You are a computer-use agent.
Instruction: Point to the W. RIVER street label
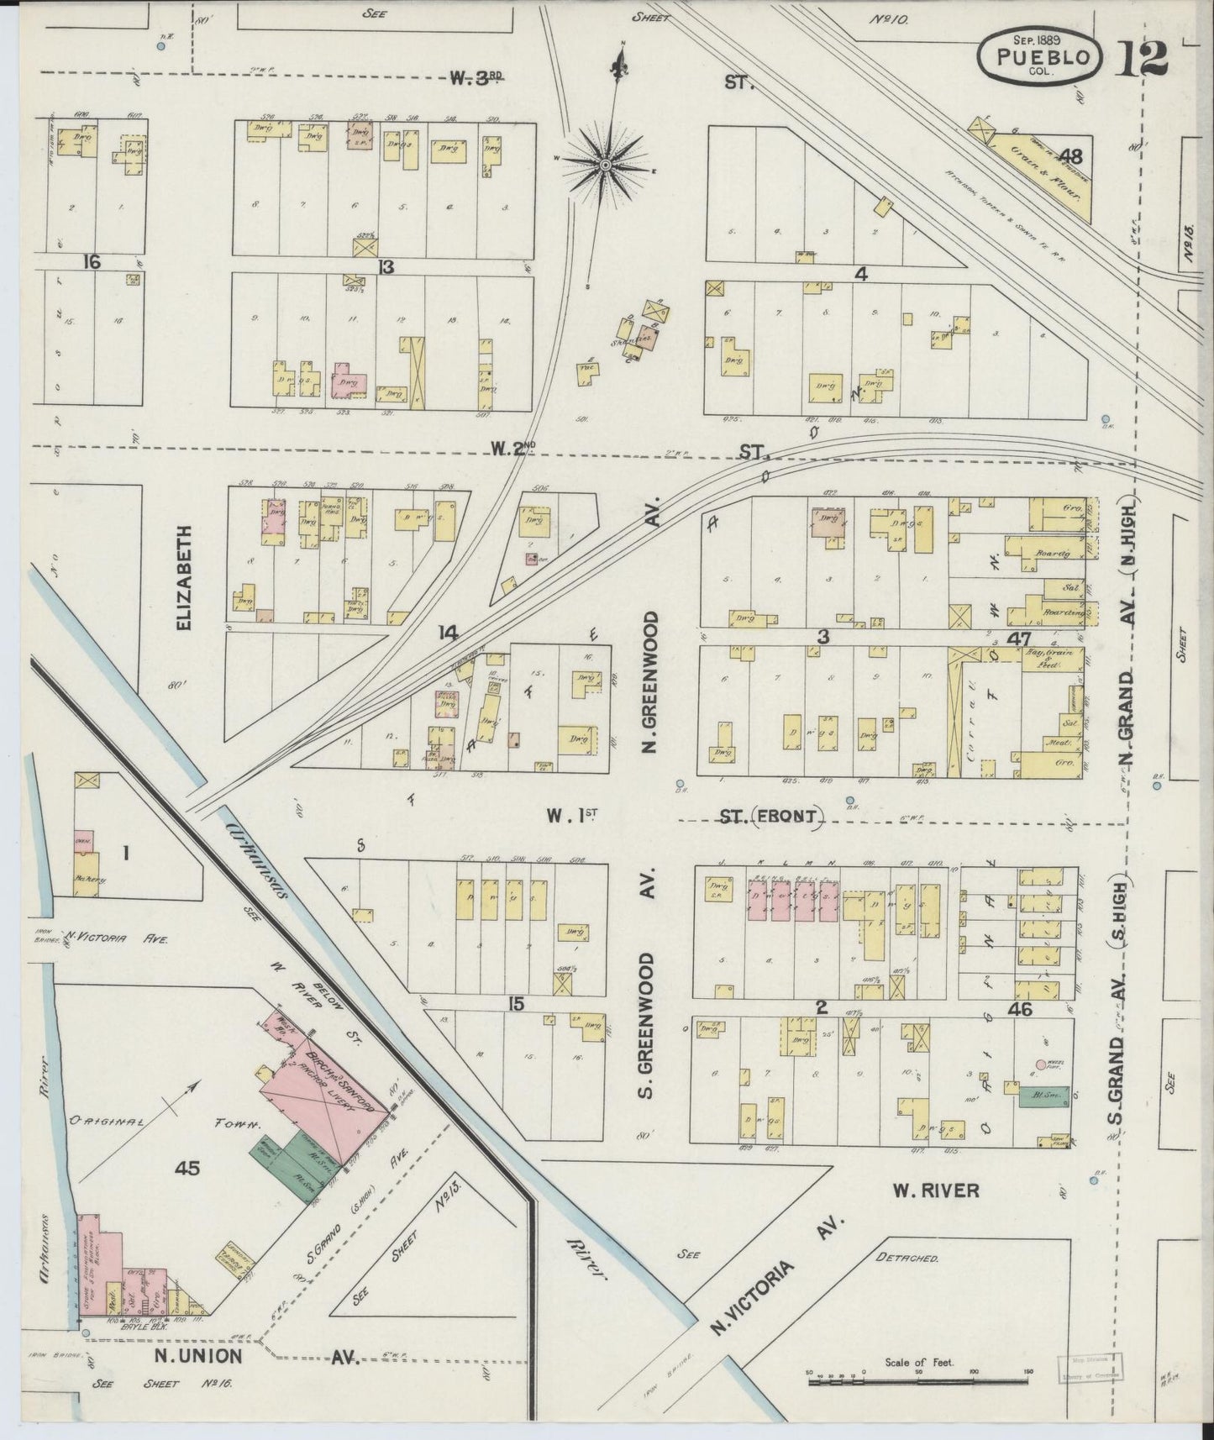[x=935, y=1190]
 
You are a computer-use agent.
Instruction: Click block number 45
[x=186, y=1167]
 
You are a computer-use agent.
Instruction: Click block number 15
[x=516, y=1005]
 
